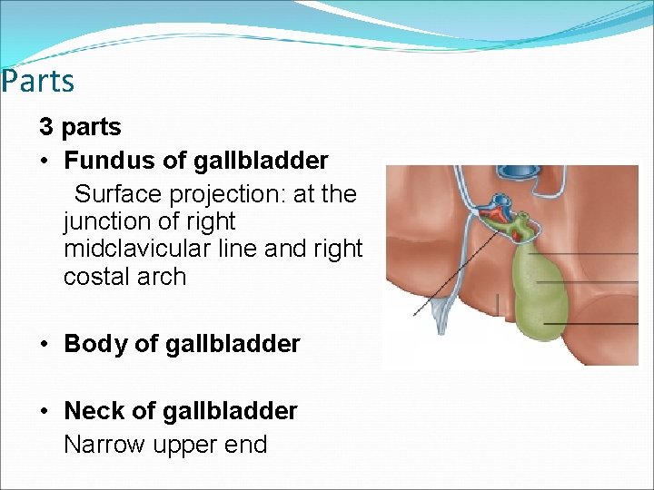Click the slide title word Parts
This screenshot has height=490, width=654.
(37, 82)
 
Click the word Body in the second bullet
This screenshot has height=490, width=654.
(94, 345)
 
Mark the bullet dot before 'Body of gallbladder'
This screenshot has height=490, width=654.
(45, 345)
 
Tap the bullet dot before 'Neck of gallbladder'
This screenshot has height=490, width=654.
(45, 412)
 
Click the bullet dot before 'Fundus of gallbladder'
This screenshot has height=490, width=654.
(45, 162)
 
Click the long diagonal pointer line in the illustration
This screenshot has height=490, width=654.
(454, 272)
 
